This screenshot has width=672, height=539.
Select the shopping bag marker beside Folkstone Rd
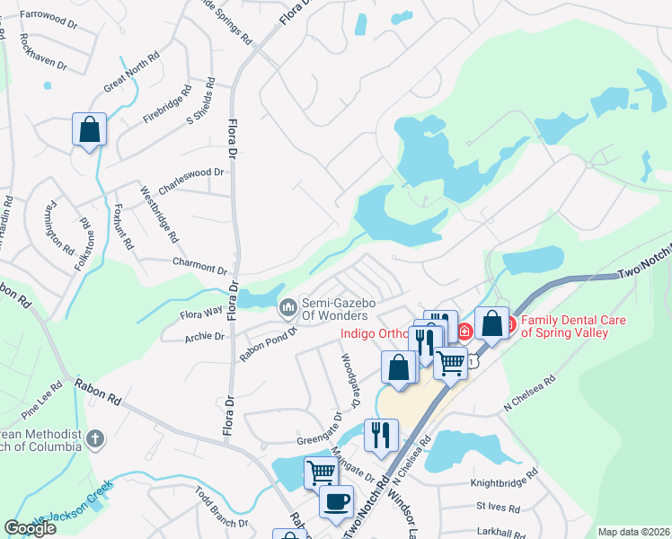point(89,129)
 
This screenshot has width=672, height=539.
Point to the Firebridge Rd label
point(168,105)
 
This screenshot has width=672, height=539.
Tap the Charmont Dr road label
point(200,268)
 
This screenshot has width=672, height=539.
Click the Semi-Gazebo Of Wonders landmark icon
point(288,308)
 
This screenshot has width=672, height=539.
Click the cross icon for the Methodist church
point(96,439)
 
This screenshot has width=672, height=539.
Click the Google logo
point(31,528)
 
